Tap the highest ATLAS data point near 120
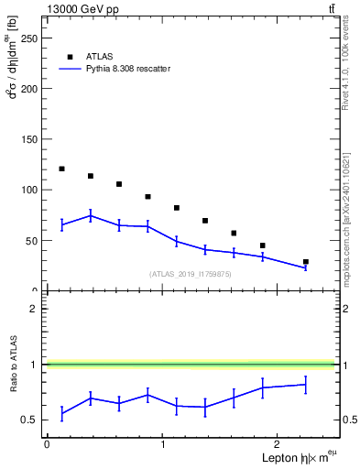[x=61, y=169]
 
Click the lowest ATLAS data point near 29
[x=306, y=262]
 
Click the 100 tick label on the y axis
[x=30, y=190]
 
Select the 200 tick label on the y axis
[x=30, y=89]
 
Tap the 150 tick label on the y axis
[x=30, y=139]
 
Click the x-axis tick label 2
[x=278, y=443]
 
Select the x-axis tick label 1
[x=162, y=443]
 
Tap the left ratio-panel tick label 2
[x=34, y=309]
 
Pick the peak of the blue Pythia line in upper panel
[x=91, y=216]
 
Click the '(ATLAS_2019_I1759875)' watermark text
[x=191, y=274]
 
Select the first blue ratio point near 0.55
[x=61, y=414]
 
